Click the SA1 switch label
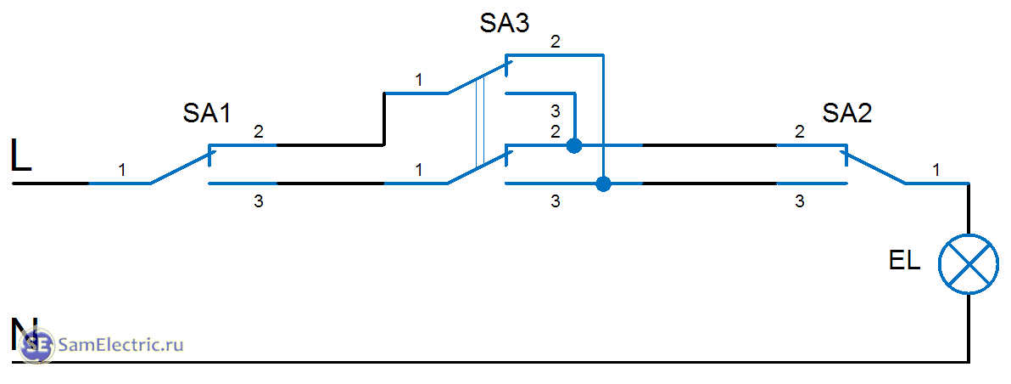coord(208,114)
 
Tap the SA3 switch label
coord(505,23)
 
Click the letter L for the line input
coord(21,157)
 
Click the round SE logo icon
coord(37,346)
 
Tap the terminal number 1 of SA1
coord(121,171)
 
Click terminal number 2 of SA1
coord(258,133)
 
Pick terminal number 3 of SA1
coord(258,202)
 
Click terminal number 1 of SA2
coord(936,171)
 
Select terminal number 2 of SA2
coord(799,133)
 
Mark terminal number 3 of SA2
coord(799,202)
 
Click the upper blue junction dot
coord(574,145)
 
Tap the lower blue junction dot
coord(603,184)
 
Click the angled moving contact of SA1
coord(181,167)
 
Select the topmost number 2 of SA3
coord(556,42)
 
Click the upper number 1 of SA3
coord(418,80)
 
